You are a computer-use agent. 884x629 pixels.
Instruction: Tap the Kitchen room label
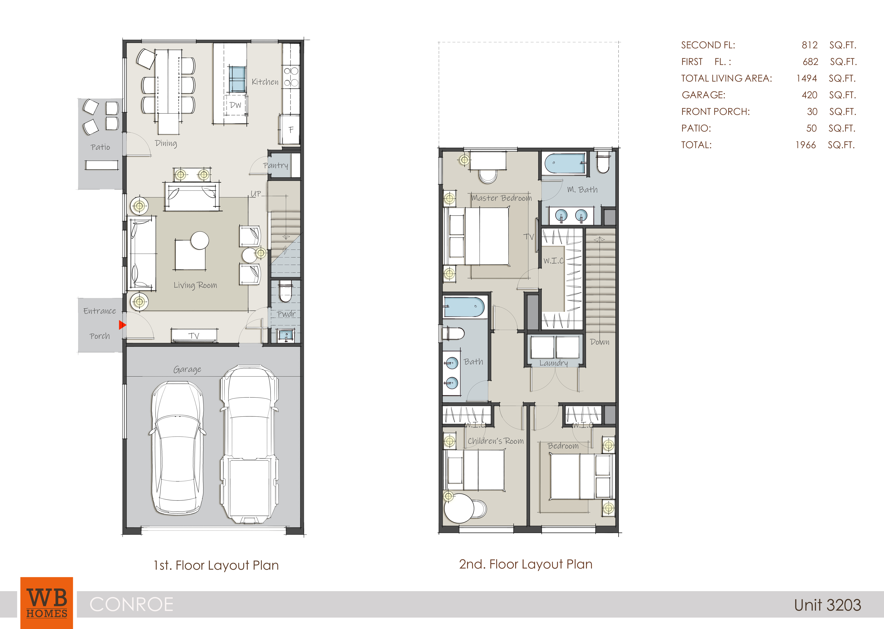coord(265,82)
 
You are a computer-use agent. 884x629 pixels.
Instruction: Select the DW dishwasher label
coord(235,105)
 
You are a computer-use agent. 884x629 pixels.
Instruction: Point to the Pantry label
coord(276,165)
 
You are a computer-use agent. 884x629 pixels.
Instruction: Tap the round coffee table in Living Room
coord(200,241)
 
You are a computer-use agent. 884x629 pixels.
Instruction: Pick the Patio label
coord(100,147)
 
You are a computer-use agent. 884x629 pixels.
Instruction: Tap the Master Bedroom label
coord(502,198)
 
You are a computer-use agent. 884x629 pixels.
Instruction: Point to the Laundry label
coord(553,363)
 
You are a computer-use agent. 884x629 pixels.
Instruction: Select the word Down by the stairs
coord(600,342)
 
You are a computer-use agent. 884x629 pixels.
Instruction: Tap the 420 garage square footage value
coord(810,95)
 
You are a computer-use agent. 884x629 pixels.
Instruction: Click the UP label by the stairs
coord(256,194)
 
